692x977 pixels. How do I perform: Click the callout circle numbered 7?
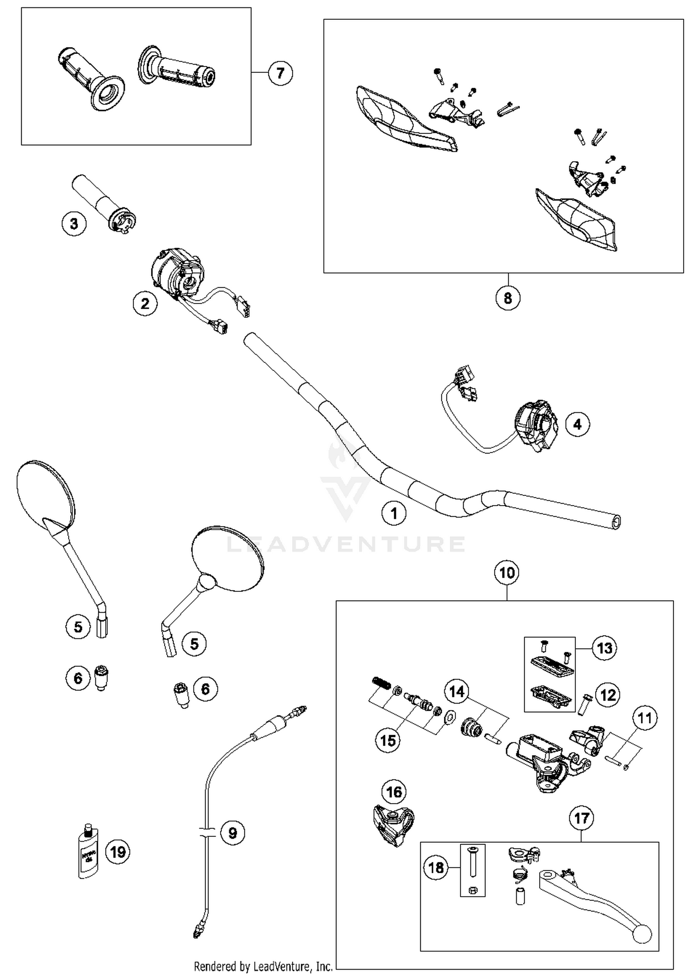pyautogui.click(x=280, y=73)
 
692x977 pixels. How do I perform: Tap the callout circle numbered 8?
pyautogui.click(x=508, y=298)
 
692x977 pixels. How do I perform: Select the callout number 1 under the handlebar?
pyautogui.click(x=394, y=513)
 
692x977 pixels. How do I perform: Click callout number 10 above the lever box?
pyautogui.click(x=507, y=573)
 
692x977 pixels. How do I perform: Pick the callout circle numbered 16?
pyautogui.click(x=394, y=792)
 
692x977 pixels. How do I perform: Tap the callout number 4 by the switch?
pyautogui.click(x=577, y=424)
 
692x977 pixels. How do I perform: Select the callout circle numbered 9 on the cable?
pyautogui.click(x=233, y=833)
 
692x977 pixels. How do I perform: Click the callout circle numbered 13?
pyautogui.click(x=604, y=648)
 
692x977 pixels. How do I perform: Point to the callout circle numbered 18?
pyautogui.click(x=436, y=868)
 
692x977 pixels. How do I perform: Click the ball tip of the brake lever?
pyautogui.click(x=642, y=935)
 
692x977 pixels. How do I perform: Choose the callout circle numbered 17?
pyautogui.click(x=581, y=818)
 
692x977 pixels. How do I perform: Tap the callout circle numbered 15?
pyautogui.click(x=388, y=740)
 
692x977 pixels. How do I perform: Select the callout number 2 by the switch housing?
pyautogui.click(x=145, y=304)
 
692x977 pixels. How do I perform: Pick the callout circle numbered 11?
pyautogui.click(x=644, y=718)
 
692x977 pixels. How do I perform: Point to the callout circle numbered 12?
pyautogui.click(x=608, y=695)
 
